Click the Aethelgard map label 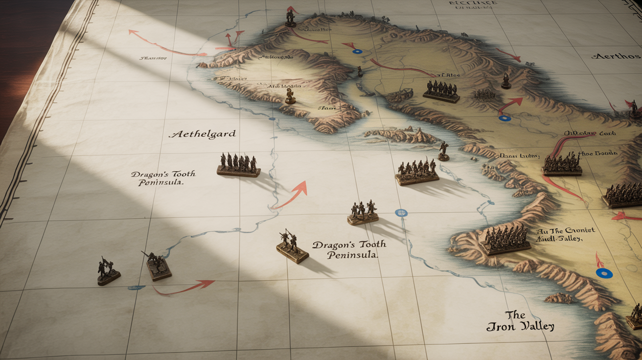(x=202, y=134)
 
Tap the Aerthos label (x=615, y=56)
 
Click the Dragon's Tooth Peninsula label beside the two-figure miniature (x=349, y=249)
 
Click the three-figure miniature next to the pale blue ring (x=363, y=213)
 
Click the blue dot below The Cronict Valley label (x=604, y=273)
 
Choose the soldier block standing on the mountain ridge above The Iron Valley (x=505, y=240)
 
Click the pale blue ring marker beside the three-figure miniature (x=401, y=213)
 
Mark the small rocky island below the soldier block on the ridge (x=558, y=298)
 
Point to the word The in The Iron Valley (x=515, y=315)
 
